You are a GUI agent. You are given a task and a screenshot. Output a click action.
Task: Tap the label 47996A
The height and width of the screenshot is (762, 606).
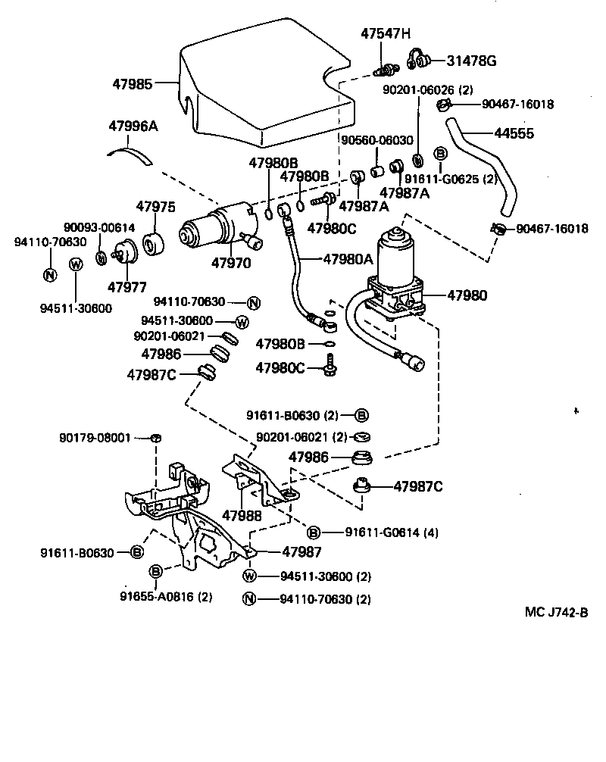[x=133, y=126]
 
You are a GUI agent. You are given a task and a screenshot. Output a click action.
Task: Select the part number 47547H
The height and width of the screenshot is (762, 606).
[x=386, y=33]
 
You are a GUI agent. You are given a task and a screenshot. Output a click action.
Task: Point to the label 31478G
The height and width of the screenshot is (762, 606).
[x=471, y=61]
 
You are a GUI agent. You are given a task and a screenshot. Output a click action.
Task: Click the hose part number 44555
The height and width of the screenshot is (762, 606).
[x=514, y=133]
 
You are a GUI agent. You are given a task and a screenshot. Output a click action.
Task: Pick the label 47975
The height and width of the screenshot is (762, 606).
[x=155, y=207]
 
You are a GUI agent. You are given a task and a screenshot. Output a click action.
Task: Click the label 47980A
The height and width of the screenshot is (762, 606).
[x=348, y=258]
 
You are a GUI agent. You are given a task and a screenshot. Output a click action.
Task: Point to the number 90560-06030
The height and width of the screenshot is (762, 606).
[x=376, y=140]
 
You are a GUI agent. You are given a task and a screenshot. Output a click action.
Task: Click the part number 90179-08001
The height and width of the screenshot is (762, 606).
[x=95, y=438]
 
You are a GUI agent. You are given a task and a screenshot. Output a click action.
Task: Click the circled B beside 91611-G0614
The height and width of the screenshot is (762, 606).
[x=313, y=532]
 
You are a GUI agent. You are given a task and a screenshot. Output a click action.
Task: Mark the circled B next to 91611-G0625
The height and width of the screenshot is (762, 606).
[x=439, y=154]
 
